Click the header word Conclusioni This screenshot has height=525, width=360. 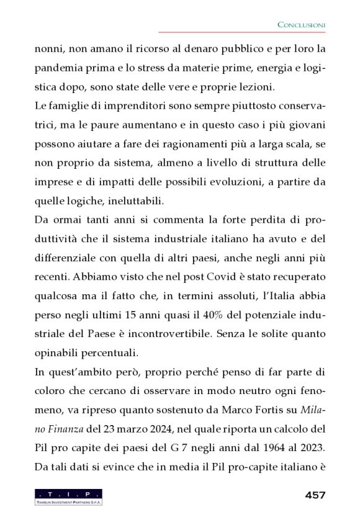(x=301, y=24)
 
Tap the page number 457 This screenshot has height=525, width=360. (x=315, y=495)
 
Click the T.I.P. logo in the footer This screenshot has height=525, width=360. (x=68, y=496)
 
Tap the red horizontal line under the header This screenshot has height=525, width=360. (x=242, y=32)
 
